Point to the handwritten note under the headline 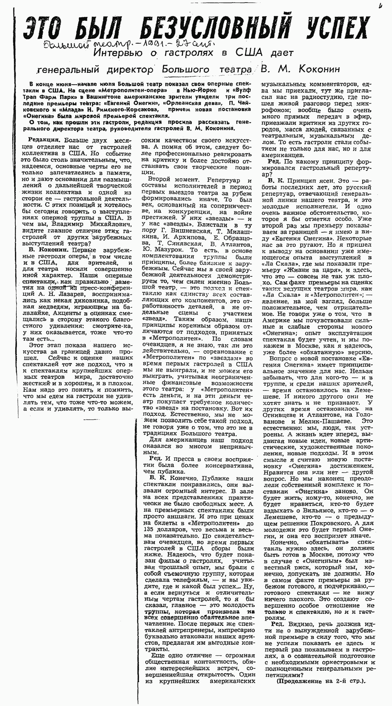129,45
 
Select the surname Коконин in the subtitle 319,69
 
